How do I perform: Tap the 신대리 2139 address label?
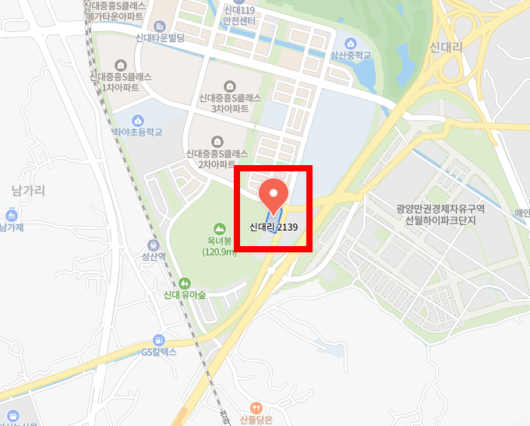click(x=274, y=227)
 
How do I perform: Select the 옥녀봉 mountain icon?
click(x=220, y=228)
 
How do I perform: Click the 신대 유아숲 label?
click(x=185, y=295)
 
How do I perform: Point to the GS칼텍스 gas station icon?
click(x=159, y=340)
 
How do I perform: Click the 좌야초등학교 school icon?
click(x=138, y=120)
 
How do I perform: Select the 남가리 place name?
click(x=29, y=189)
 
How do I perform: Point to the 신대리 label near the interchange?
click(x=446, y=48)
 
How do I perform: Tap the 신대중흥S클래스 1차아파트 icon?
click(x=120, y=65)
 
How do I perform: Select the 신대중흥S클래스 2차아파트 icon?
click(x=217, y=140)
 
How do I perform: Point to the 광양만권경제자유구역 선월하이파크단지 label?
click(x=440, y=214)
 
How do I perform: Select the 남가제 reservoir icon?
click(x=12, y=215)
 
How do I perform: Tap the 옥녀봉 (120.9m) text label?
click(x=220, y=246)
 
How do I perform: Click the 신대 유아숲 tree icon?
click(x=185, y=283)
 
